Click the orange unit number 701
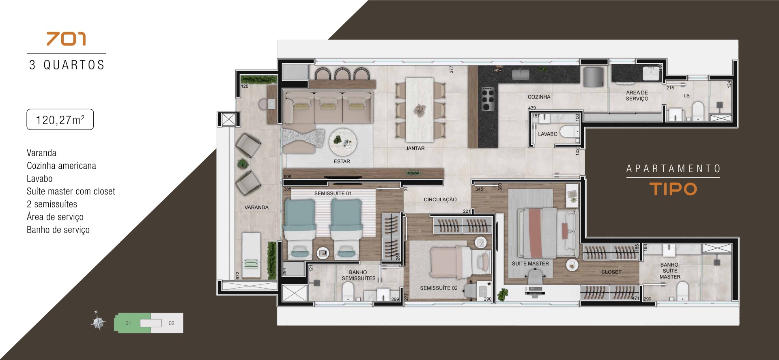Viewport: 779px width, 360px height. pos(66,39)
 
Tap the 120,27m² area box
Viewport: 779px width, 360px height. pos(60,119)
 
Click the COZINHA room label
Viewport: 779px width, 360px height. pos(539,97)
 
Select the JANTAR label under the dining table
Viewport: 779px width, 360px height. pos(415,149)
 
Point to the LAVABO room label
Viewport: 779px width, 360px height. pos(547,134)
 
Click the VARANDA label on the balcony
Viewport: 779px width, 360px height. pos(256,207)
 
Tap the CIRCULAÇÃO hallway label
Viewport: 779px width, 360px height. pos(440,200)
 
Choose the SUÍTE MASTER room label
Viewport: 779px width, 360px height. pos(530,263)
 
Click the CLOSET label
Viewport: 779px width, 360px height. pos(611,272)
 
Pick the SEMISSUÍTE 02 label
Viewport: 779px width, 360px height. pos(439,288)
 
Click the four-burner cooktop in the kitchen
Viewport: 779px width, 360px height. pos(488,99)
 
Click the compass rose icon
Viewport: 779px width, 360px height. pos(98,323)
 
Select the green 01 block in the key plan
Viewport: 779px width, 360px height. pos(133,323)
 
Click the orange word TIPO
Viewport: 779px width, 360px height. pos(673,189)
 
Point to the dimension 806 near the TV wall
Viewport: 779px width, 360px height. pos(288,177)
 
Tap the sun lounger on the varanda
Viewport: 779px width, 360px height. pos(251,255)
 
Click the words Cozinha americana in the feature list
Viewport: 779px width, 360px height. pos(61,166)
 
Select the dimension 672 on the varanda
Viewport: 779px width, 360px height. pos(238,276)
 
